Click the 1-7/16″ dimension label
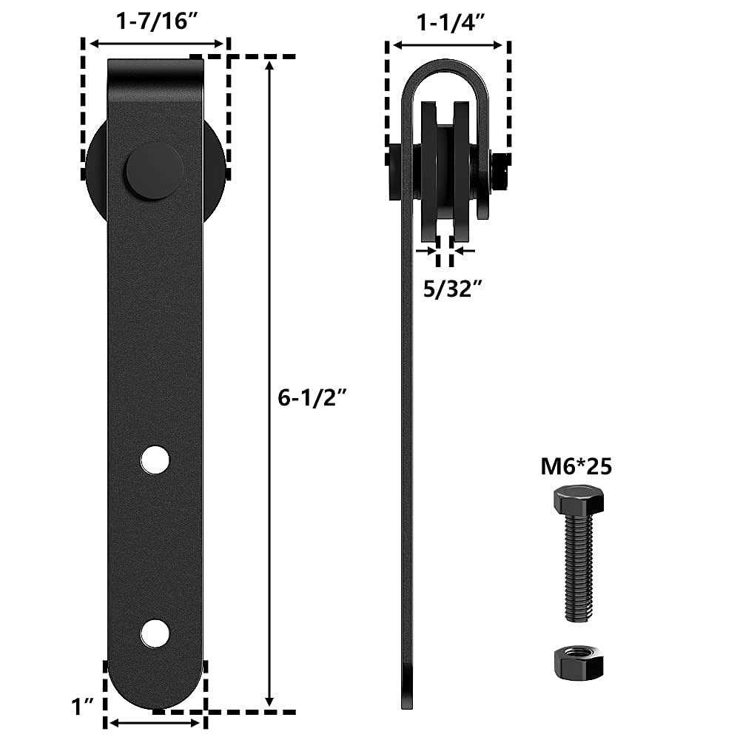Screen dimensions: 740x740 156,21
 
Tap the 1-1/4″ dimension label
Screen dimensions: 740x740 451,22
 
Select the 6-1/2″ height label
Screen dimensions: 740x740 312,397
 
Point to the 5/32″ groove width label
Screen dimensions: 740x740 453,289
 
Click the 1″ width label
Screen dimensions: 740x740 81,707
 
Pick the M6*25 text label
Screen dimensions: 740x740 576,466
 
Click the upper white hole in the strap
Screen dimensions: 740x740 155,460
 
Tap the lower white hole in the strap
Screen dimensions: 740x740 155,633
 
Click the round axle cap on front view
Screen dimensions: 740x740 154,170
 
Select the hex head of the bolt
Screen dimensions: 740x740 579,501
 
